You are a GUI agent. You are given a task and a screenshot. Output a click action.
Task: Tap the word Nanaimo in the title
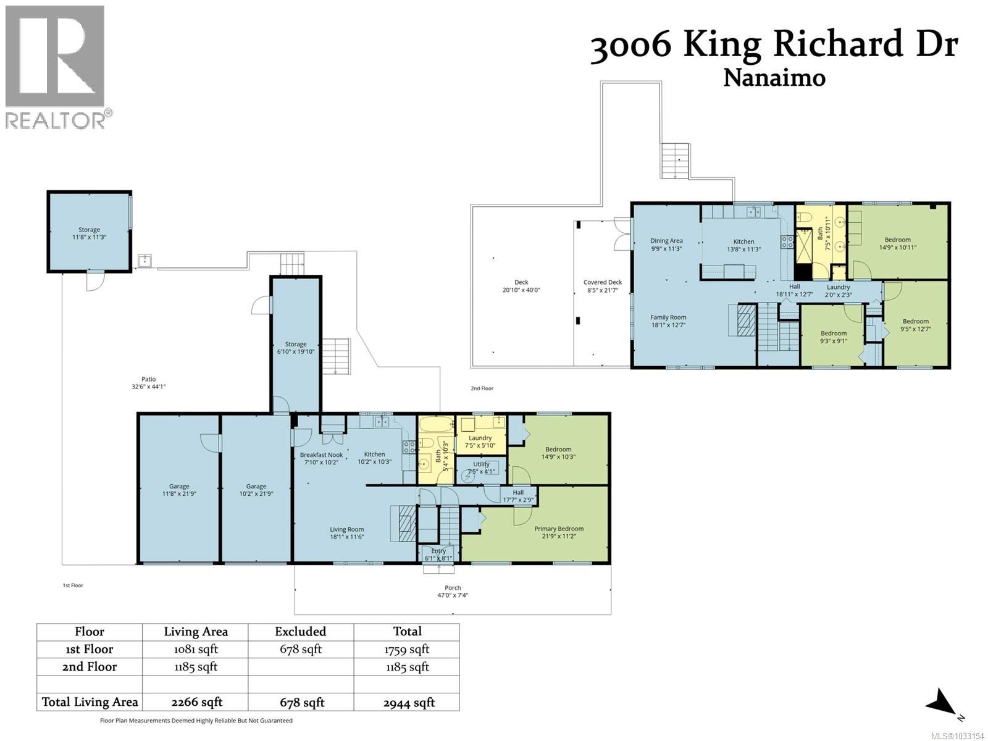774,78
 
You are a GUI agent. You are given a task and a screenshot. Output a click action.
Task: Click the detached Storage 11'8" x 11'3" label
89,233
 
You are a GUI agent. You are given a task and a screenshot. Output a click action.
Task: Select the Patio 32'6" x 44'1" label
148,383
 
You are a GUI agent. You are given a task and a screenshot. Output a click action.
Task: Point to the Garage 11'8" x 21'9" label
179,490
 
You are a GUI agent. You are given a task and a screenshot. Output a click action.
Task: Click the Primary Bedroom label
558,532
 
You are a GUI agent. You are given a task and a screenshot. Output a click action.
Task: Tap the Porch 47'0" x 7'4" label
453,592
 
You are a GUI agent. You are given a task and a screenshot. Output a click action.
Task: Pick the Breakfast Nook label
321,458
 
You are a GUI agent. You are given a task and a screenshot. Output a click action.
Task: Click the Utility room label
481,467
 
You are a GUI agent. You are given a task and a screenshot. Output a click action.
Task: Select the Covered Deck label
603,286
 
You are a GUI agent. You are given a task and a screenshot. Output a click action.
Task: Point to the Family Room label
668,321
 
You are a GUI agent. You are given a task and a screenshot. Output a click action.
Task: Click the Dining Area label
666,245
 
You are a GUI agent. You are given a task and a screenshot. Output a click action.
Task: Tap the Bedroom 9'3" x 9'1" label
833,337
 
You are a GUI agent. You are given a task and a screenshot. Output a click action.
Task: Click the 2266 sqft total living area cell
195,702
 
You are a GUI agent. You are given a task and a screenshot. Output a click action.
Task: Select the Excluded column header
300,632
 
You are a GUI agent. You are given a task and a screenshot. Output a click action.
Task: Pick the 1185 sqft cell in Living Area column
195,667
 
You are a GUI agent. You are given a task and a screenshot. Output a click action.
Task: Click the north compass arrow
942,703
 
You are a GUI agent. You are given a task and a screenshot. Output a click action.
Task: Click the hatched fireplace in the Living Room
404,524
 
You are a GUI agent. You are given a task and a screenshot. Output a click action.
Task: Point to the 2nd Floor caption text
482,388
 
